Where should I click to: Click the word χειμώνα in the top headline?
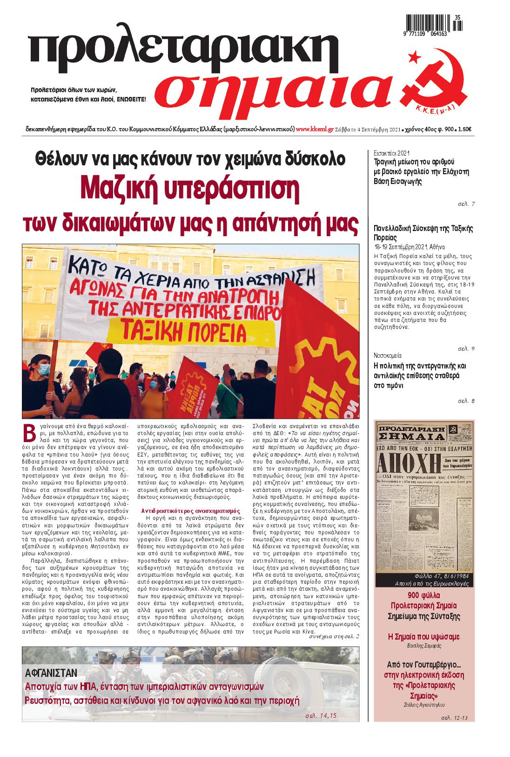255,159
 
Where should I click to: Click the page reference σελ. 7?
466,204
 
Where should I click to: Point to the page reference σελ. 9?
466,348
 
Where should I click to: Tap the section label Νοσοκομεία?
388,355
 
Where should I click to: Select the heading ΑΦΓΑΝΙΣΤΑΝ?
51,673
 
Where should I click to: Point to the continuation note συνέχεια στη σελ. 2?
334,636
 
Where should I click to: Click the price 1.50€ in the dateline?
464,129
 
